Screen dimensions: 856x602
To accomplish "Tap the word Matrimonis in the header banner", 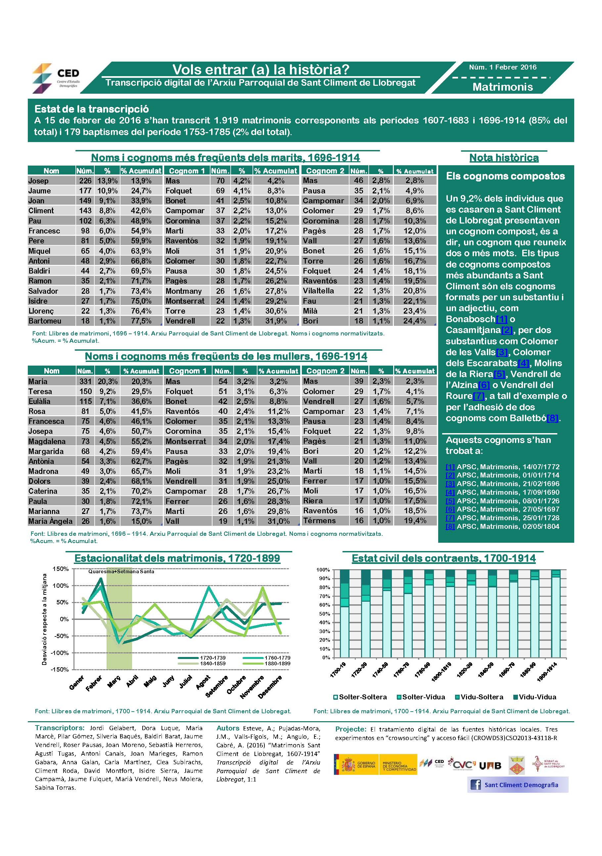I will [502, 87].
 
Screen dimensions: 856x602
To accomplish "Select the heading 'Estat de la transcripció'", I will [92, 109].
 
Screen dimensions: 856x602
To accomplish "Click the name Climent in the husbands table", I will [41, 211].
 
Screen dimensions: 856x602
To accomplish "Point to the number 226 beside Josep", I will [85, 181].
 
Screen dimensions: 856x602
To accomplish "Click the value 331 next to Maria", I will [85, 381].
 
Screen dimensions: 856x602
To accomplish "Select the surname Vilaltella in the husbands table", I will [318, 291].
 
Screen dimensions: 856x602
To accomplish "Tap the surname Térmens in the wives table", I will [319, 521].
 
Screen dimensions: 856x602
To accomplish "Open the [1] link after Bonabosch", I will [501, 319].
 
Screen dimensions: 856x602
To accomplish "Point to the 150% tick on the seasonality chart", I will [61, 569].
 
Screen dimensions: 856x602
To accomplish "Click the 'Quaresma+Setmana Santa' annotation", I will [121, 571].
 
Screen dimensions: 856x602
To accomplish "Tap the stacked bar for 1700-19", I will [345, 614].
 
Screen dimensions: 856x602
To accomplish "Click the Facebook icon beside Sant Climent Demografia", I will [475, 785].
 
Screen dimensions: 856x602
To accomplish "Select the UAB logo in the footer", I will [489, 766].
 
